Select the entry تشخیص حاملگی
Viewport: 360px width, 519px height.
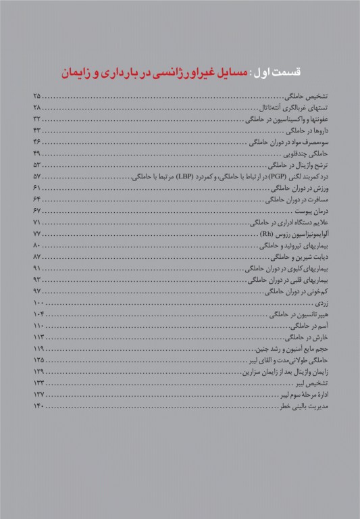[x=305, y=97]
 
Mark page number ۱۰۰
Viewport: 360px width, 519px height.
[x=38, y=305]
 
